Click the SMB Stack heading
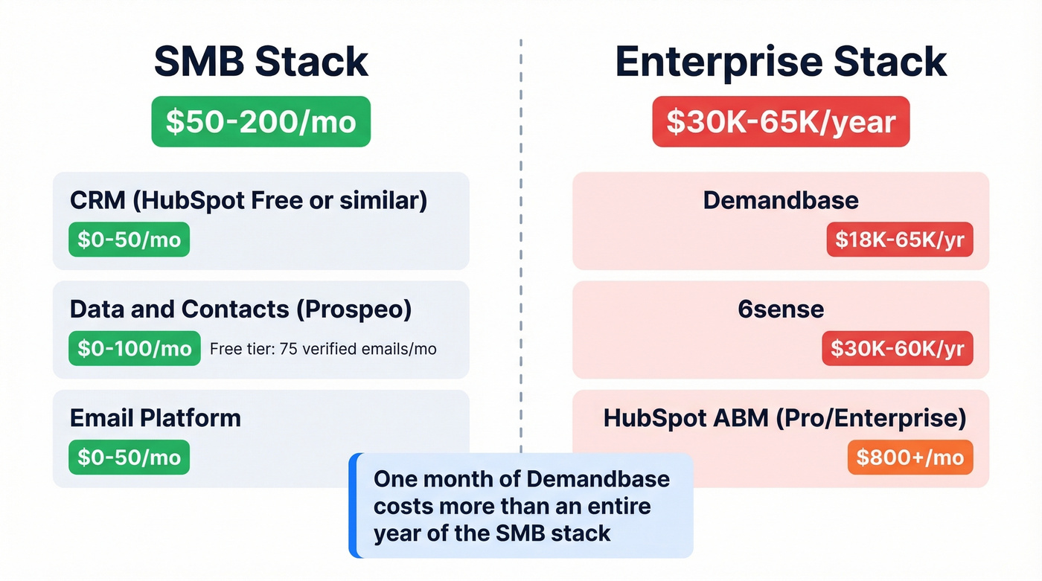(x=260, y=62)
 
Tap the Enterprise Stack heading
(x=781, y=62)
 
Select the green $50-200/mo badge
(x=260, y=121)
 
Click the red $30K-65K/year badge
(x=781, y=121)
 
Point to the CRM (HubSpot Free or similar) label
(x=249, y=200)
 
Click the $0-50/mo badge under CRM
(x=129, y=240)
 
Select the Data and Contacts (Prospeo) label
(x=240, y=309)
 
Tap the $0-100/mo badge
(x=134, y=348)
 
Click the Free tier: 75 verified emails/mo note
(x=323, y=348)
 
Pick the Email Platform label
(x=156, y=417)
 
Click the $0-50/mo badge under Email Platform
(x=129, y=457)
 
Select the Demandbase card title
(x=781, y=200)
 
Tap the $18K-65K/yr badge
(x=900, y=240)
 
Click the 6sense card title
(x=781, y=309)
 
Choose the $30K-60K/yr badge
(x=898, y=348)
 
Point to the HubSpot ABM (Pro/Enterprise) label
(x=784, y=417)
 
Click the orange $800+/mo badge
(x=910, y=457)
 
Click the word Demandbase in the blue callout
(x=598, y=478)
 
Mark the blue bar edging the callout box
(x=353, y=505)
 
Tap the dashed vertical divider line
(x=520, y=223)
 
